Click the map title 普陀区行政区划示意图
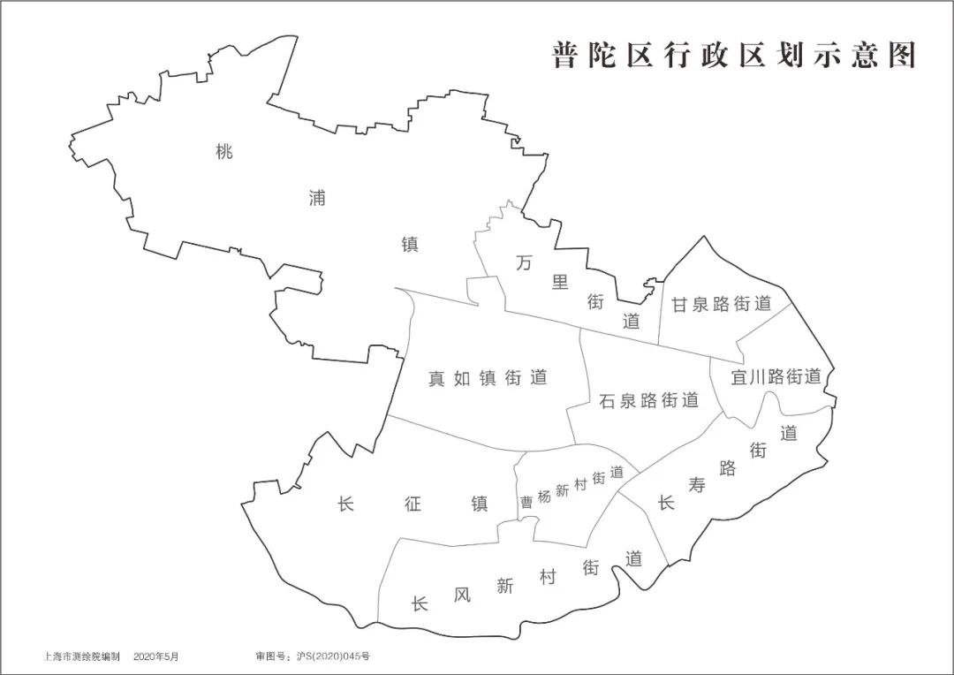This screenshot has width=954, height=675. point(734,55)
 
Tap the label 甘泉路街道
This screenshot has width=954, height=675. point(721,304)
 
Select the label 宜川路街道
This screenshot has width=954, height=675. point(776,376)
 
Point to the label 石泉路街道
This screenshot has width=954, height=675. point(649,400)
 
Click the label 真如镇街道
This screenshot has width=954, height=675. point(488,378)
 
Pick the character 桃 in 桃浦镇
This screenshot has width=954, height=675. point(224,151)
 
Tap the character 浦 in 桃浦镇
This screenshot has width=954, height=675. point(316,198)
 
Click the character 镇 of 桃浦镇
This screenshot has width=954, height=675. point(410,245)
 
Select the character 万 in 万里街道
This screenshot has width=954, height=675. point(524,262)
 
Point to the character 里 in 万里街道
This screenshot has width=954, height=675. point(559,282)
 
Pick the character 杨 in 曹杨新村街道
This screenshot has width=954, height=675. point(544,497)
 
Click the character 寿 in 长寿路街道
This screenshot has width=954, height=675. point(697,484)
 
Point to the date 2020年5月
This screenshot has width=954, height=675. point(156,657)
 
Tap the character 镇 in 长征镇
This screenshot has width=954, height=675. point(481,504)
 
